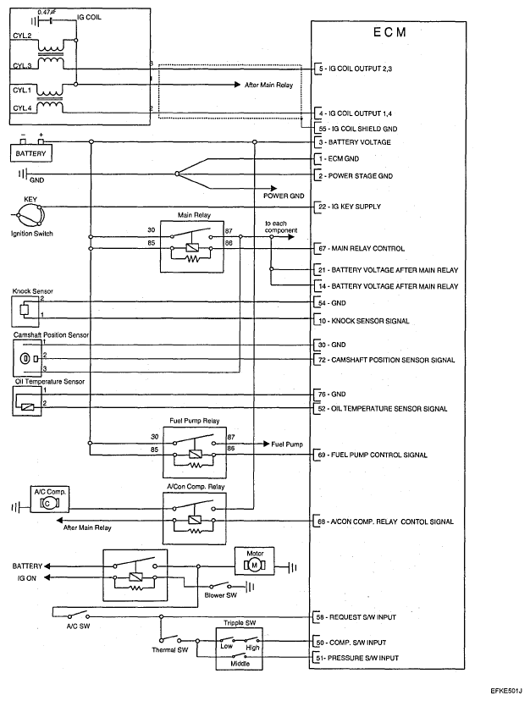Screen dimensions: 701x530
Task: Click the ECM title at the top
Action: (x=389, y=32)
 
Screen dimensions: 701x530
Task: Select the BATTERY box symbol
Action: (x=31, y=154)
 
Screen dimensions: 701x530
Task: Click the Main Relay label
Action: (x=194, y=215)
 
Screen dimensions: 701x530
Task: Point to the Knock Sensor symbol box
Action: (x=23, y=312)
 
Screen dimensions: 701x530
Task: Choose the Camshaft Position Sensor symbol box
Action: (x=27, y=359)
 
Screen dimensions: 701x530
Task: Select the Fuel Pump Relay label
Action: (x=194, y=421)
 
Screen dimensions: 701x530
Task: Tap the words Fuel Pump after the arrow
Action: (x=288, y=443)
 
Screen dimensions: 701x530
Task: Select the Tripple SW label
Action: (x=240, y=622)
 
